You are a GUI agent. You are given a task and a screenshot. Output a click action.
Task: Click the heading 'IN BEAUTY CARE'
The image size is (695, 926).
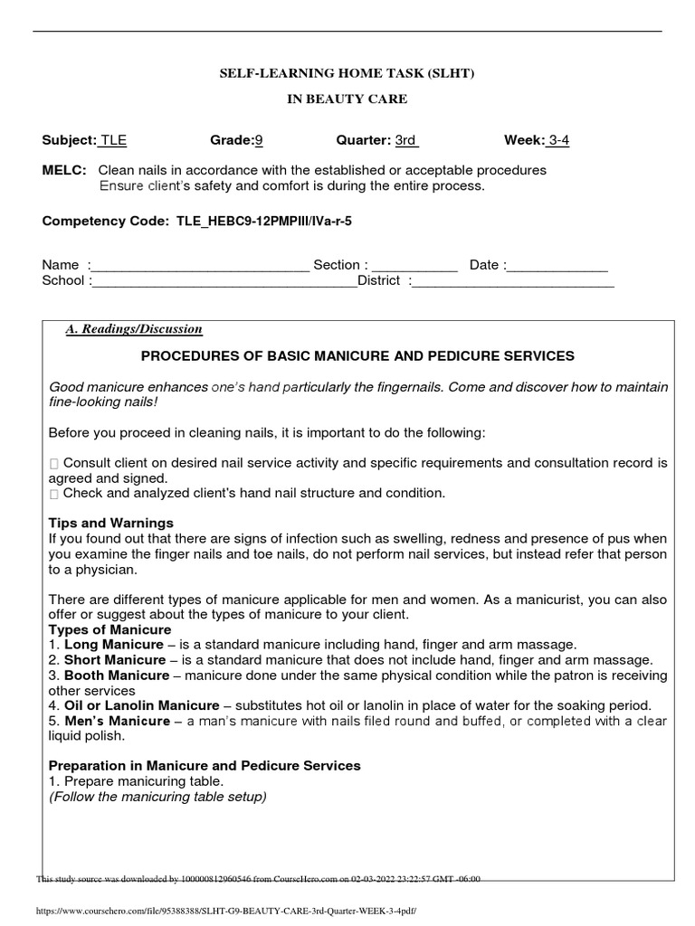(x=347, y=99)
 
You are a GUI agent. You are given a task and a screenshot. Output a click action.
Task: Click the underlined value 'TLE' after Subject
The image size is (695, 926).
(x=113, y=140)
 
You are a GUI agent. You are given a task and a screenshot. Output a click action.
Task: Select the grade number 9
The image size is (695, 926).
(x=258, y=140)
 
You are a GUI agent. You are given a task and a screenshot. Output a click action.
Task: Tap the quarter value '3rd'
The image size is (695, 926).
(x=405, y=140)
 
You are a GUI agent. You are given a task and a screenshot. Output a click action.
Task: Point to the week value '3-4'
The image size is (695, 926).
(x=558, y=140)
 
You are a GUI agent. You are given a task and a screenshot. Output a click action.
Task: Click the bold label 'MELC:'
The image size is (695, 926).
(x=64, y=170)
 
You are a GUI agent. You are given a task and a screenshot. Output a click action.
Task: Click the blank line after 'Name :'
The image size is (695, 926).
(x=200, y=266)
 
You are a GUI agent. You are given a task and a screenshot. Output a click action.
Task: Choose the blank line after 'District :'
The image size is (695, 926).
(x=513, y=281)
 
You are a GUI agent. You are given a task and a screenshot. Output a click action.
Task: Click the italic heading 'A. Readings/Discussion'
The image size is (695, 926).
(x=134, y=329)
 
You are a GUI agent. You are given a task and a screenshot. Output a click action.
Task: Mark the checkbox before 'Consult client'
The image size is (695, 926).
(x=54, y=464)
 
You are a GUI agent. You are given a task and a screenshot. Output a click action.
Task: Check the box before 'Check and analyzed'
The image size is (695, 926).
(x=54, y=494)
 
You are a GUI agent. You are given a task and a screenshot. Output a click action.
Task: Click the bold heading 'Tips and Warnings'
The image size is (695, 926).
(x=110, y=524)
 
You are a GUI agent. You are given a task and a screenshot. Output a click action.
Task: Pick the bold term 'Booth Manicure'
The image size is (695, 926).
(x=116, y=676)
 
